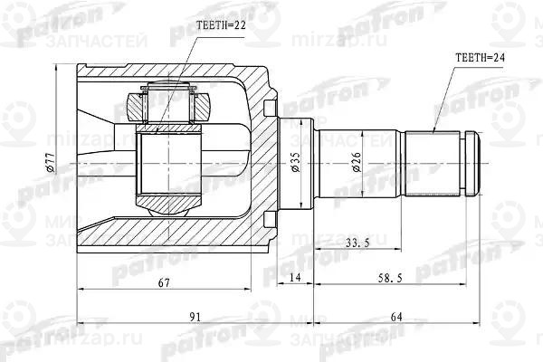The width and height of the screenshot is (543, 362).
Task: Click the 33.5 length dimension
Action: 358,243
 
